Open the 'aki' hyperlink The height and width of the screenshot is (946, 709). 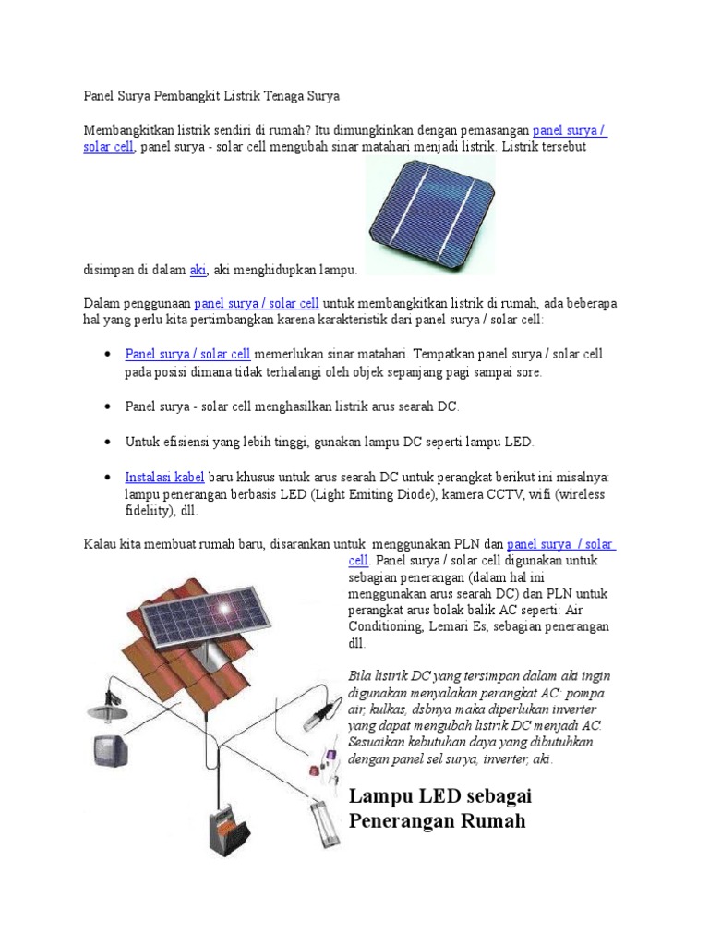pyautogui.click(x=198, y=269)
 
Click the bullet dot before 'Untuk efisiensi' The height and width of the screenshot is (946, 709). pyautogui.click(x=108, y=442)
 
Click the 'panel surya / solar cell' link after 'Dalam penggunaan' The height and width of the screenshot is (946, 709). pyautogui.click(x=257, y=303)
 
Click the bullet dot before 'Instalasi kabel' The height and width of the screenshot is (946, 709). pyautogui.click(x=108, y=478)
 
